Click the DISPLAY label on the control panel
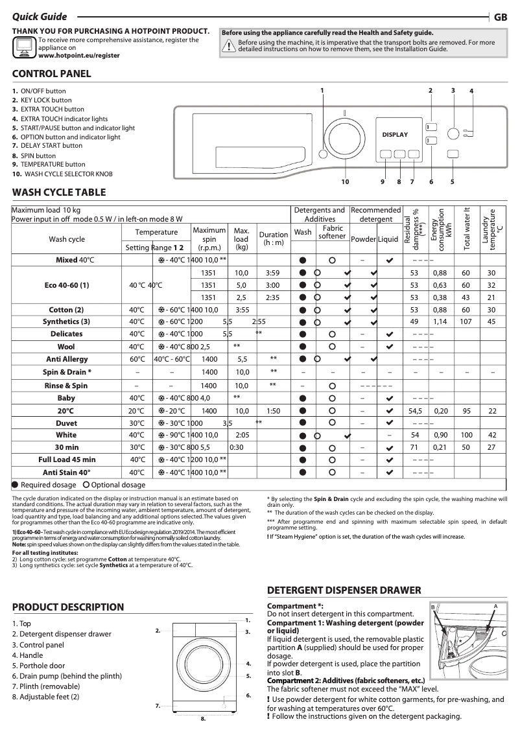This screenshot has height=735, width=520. (x=395, y=135)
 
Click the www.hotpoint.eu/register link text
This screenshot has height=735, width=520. (x=79, y=56)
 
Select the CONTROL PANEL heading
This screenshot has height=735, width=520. (x=52, y=74)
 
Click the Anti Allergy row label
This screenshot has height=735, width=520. (x=67, y=359)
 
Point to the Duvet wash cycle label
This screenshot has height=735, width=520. (x=67, y=423)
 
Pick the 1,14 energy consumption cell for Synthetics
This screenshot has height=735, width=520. (x=440, y=321)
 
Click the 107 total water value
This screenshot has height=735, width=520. (x=466, y=321)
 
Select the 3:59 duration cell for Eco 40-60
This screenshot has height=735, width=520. (x=272, y=273)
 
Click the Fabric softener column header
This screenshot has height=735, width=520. (x=333, y=232)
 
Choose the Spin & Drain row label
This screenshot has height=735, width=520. (x=67, y=372)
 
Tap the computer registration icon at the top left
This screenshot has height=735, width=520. (x=23, y=47)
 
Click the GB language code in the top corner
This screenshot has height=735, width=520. (x=501, y=17)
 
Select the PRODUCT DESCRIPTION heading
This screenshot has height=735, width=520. (x=68, y=607)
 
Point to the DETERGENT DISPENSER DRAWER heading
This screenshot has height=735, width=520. (x=344, y=590)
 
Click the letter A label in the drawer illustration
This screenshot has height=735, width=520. (x=495, y=605)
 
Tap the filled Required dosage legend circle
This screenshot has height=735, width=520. (x=16, y=485)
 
